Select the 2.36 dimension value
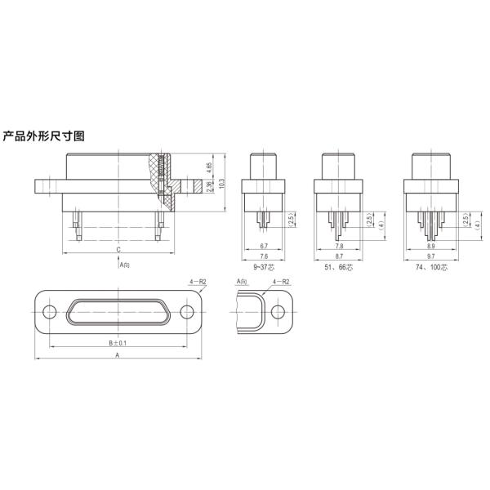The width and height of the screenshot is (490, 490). (x=210, y=188)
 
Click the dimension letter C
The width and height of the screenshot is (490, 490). (x=118, y=248)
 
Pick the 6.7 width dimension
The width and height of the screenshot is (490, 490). (x=264, y=246)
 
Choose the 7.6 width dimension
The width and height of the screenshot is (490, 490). (x=264, y=256)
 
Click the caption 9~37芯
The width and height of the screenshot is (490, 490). (x=264, y=267)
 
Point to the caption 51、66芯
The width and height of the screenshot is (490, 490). (x=340, y=267)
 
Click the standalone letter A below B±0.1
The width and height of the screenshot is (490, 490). (x=118, y=357)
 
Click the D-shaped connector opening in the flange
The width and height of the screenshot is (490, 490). (x=118, y=313)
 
